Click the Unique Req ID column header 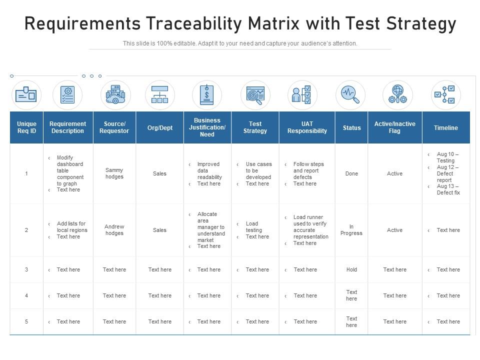pyautogui.click(x=26, y=127)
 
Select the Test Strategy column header pyautogui.click(x=255, y=127)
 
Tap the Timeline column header pyautogui.click(x=445, y=127)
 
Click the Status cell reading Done pyautogui.click(x=351, y=173)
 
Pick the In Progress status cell pyautogui.click(x=351, y=230)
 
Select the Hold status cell pyautogui.click(x=351, y=269)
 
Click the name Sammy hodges pyautogui.click(x=114, y=173)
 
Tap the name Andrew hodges pyautogui.click(x=114, y=230)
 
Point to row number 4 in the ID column pyautogui.click(x=26, y=295)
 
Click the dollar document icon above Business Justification pyautogui.click(x=207, y=95)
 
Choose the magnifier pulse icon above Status pyautogui.click(x=350, y=95)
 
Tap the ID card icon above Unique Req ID pyautogui.click(x=26, y=94)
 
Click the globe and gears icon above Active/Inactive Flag pyautogui.click(x=397, y=94)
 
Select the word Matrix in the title pyautogui.click(x=273, y=23)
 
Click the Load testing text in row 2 pyautogui.click(x=254, y=227)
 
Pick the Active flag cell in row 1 pyautogui.click(x=394, y=173)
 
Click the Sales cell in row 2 pyautogui.click(x=159, y=230)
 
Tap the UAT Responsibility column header pyautogui.click(x=307, y=127)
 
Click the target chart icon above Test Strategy pyautogui.click(x=255, y=95)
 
